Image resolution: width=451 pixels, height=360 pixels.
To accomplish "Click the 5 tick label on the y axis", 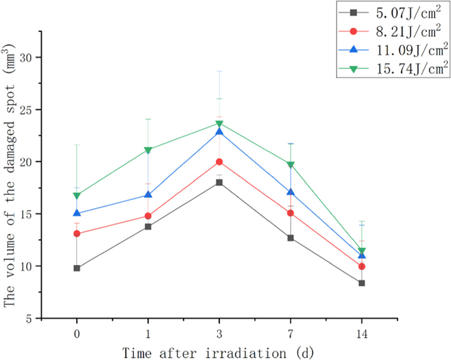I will [x=29, y=318].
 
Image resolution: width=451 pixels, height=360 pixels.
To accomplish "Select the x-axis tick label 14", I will [x=362, y=332].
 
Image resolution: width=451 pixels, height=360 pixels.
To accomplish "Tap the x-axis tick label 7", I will [x=291, y=332].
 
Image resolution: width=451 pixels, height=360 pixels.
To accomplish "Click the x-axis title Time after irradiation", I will [x=219, y=351].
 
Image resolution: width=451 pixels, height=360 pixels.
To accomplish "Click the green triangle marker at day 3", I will [x=219, y=124].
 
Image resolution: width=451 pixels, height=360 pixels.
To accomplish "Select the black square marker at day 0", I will [x=77, y=268].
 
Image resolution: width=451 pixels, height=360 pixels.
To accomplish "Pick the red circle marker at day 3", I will [x=219, y=162].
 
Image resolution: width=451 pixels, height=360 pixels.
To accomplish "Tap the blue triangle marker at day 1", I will [x=148, y=194].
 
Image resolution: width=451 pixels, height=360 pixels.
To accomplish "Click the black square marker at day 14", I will [x=362, y=283].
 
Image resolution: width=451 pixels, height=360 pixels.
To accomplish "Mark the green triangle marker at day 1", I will [x=148, y=150].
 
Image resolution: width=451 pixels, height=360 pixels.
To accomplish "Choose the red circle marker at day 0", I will [x=77, y=234].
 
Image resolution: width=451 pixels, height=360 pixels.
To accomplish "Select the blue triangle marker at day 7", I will [x=291, y=192].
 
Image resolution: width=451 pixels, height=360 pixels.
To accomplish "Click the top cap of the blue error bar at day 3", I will [x=219, y=71].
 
